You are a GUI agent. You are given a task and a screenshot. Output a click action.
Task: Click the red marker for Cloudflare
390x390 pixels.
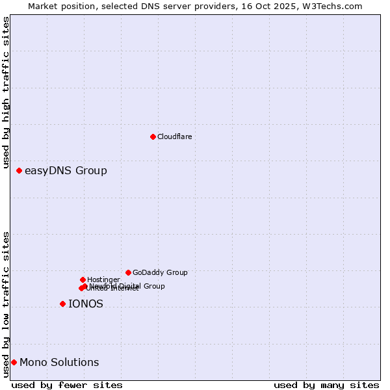[x=153, y=136]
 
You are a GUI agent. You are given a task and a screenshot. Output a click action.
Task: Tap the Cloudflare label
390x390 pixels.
[x=174, y=136]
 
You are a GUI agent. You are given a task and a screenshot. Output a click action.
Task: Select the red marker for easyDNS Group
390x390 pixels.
[x=19, y=170]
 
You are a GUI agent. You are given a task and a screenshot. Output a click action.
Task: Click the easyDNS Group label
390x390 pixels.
[x=66, y=171]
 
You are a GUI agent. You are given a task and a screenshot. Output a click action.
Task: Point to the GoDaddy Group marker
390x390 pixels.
[x=128, y=272]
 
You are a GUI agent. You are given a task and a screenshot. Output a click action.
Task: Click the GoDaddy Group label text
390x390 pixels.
[x=160, y=272]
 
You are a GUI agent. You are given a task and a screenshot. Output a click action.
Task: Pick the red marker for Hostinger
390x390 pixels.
[x=83, y=279]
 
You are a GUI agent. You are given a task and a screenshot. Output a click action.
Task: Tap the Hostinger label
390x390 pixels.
[x=103, y=279]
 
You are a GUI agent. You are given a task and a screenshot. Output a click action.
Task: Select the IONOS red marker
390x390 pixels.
[x=62, y=304]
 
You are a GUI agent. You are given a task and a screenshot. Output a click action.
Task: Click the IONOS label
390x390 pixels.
[x=86, y=304]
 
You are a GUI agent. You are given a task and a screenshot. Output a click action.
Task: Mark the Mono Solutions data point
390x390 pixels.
[x=14, y=362]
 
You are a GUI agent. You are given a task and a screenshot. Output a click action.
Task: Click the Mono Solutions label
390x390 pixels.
[x=59, y=363]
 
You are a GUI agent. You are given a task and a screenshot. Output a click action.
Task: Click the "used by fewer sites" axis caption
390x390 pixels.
[x=67, y=385]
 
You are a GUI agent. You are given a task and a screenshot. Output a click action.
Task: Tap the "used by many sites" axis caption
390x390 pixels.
[x=326, y=385]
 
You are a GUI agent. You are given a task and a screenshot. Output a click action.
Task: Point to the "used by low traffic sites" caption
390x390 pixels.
[x=6, y=304]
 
